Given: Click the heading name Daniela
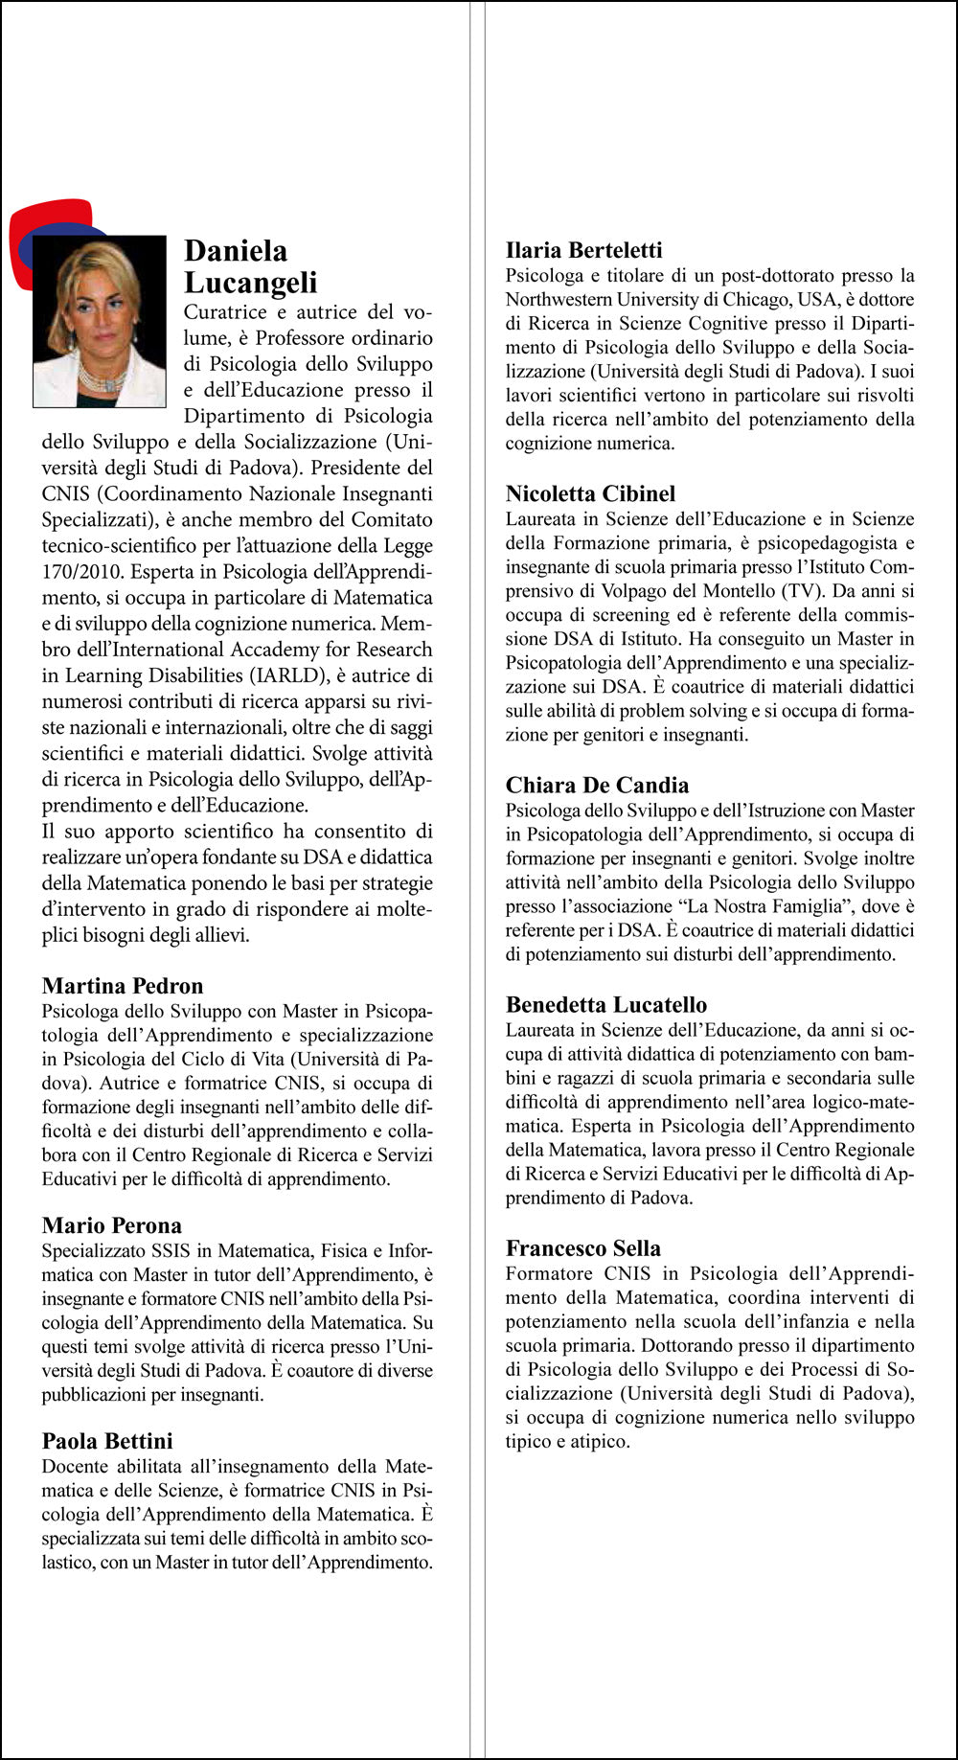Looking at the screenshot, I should click(x=236, y=251).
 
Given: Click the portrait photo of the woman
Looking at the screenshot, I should click(x=99, y=321).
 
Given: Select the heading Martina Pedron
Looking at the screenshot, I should click(x=123, y=986).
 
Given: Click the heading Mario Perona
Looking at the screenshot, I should click(x=111, y=1225).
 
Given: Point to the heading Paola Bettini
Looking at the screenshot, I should click(x=107, y=1441).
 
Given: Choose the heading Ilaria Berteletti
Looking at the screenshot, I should click(x=583, y=250).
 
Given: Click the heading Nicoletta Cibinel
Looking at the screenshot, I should click(x=590, y=493).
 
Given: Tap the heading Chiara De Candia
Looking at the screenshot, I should click(x=597, y=786).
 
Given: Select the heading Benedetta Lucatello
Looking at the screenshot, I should click(x=606, y=1005).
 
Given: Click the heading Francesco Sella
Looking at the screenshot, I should click(x=583, y=1248).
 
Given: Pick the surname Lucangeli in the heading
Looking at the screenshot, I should click(x=250, y=283).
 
